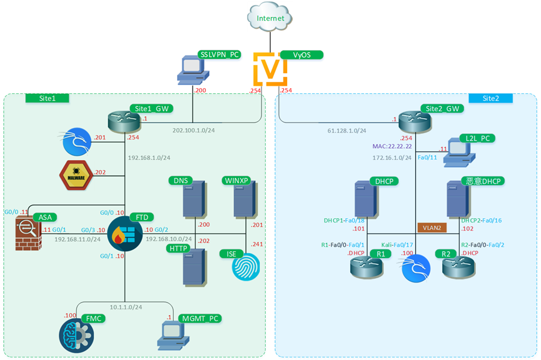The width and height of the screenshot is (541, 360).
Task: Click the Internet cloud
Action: click(x=270, y=18)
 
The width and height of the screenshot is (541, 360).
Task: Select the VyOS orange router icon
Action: click(x=270, y=69)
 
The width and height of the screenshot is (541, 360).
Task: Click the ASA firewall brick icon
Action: click(x=27, y=232)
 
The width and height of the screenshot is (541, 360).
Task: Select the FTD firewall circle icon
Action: click(x=125, y=234)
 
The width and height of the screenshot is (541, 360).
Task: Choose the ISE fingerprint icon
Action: click(x=245, y=267)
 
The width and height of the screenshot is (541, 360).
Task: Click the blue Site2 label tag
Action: click(x=490, y=99)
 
